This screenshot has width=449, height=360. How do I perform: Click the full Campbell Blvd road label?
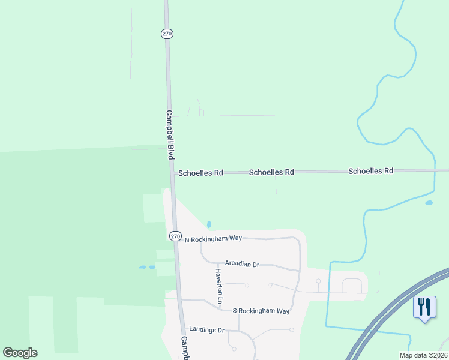click(169, 135)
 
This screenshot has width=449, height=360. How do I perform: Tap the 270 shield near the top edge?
click(167, 34)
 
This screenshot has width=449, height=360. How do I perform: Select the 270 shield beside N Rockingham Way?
click(175, 236)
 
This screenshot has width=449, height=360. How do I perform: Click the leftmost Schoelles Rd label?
click(200, 173)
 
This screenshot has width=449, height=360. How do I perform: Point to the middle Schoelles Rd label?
click(271, 172)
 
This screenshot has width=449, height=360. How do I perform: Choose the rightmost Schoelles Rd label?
click(370, 171)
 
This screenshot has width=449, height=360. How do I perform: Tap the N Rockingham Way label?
click(212, 238)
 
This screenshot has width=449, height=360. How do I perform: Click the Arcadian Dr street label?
click(241, 263)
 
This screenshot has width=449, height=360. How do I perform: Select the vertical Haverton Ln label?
click(220, 285)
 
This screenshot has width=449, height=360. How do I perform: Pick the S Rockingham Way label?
click(261, 311)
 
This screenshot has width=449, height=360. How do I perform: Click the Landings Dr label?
click(206, 329)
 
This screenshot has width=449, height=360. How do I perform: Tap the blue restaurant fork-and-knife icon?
click(425, 307)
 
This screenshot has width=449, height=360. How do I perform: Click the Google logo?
click(20, 353)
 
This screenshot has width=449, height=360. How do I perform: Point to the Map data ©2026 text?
click(423, 355)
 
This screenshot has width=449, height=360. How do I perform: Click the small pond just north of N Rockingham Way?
click(209, 224)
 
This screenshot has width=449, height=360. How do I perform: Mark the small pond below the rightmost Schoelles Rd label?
click(429, 203)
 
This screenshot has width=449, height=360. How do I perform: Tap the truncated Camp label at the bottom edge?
click(185, 348)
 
